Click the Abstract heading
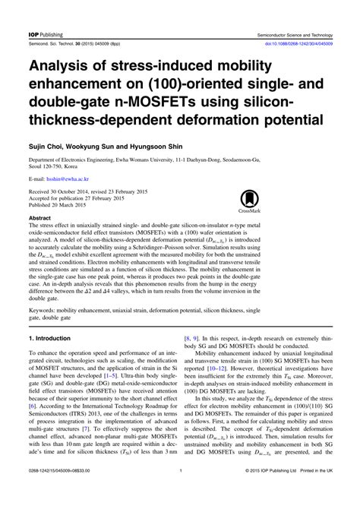coord(42,217)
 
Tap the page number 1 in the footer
coord(180,492)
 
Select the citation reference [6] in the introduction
coord(33,428)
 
